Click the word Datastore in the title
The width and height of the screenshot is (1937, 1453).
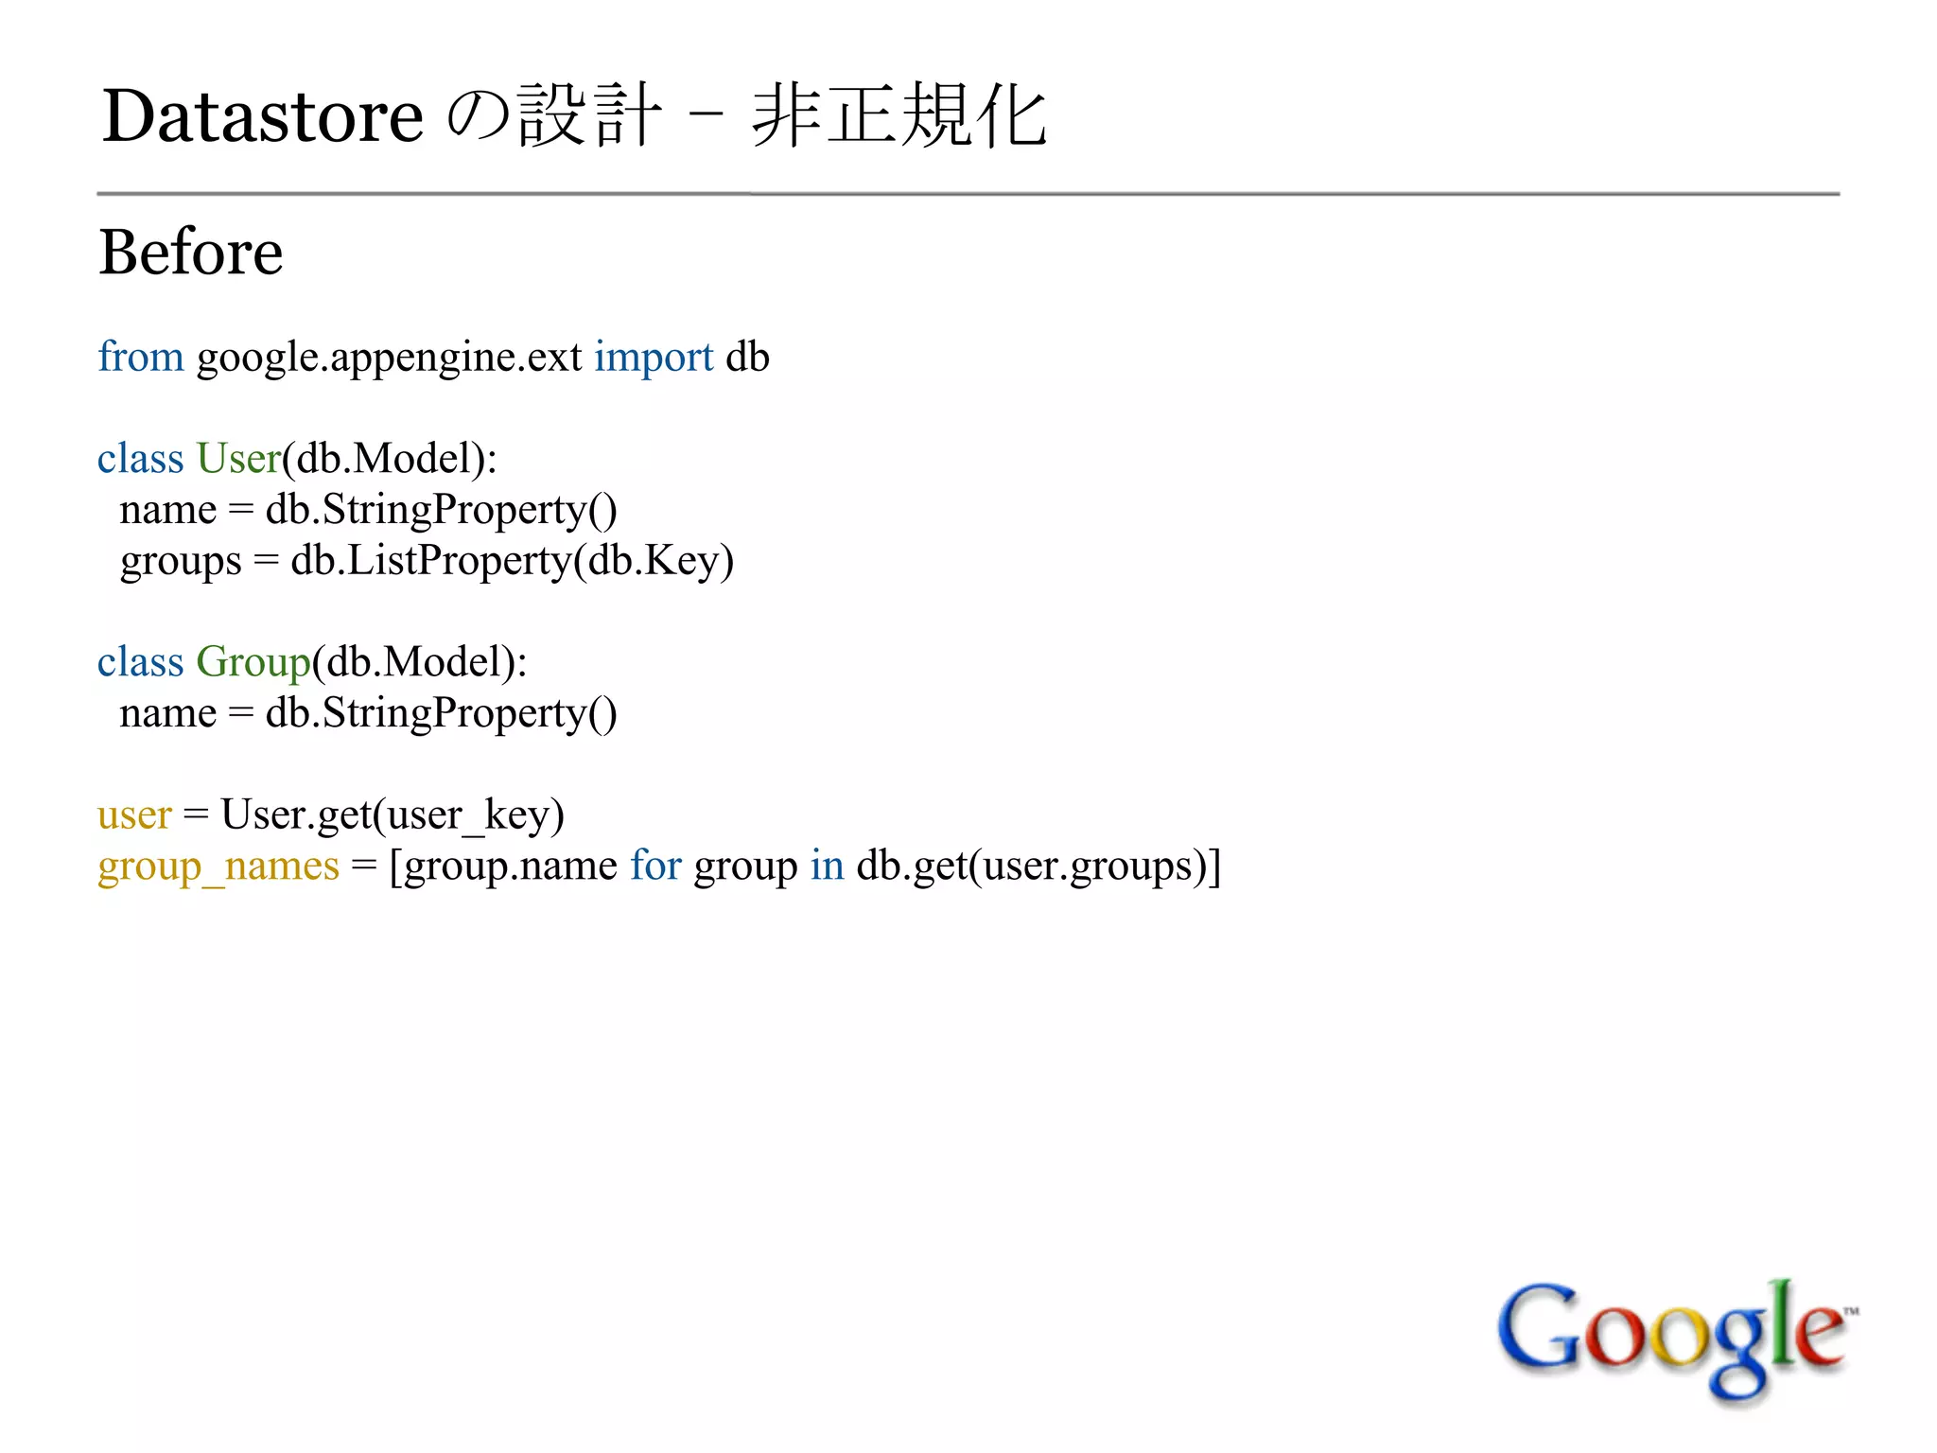[263, 116]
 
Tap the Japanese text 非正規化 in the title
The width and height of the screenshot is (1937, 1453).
[899, 116]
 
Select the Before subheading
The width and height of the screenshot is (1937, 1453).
[191, 253]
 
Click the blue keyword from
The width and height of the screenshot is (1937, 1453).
[141, 357]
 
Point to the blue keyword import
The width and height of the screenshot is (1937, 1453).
[654, 358]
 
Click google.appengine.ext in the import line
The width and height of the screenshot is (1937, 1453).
[389, 358]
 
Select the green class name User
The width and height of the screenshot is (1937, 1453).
[238, 459]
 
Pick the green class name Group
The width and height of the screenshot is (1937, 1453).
[253, 662]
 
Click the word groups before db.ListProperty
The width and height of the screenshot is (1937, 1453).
[181, 561]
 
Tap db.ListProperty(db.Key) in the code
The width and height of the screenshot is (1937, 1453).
[512, 561]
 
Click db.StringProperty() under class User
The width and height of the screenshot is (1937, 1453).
[441, 510]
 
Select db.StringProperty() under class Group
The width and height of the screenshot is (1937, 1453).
[441, 713]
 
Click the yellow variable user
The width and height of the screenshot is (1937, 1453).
[134, 814]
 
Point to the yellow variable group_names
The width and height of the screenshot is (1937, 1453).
[218, 867]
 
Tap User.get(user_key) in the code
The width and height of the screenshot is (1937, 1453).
[393, 814]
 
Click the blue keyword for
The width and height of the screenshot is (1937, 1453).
[655, 866]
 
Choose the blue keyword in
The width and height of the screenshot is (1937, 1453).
[827, 866]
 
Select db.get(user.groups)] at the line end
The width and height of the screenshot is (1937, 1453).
[1038, 867]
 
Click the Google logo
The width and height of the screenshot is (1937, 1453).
[1675, 1338]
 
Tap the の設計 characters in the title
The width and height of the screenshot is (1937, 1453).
[553, 116]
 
